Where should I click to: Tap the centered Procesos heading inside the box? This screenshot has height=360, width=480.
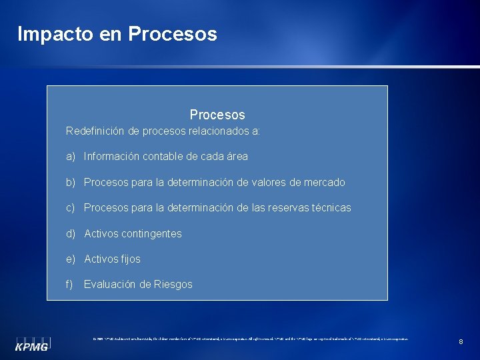217,115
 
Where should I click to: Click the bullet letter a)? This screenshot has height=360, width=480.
71,157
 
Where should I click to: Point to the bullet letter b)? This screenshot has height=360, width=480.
71,182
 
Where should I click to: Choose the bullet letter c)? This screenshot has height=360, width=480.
71,208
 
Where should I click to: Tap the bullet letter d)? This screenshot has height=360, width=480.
71,233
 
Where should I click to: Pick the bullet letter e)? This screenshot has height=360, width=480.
71,259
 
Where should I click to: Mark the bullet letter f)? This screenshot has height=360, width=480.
69,284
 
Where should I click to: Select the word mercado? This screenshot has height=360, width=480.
324,182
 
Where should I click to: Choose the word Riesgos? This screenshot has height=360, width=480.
174,284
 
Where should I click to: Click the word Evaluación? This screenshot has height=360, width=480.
110,284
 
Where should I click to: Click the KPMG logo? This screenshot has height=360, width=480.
33,343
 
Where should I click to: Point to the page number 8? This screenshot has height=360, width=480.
461,342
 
